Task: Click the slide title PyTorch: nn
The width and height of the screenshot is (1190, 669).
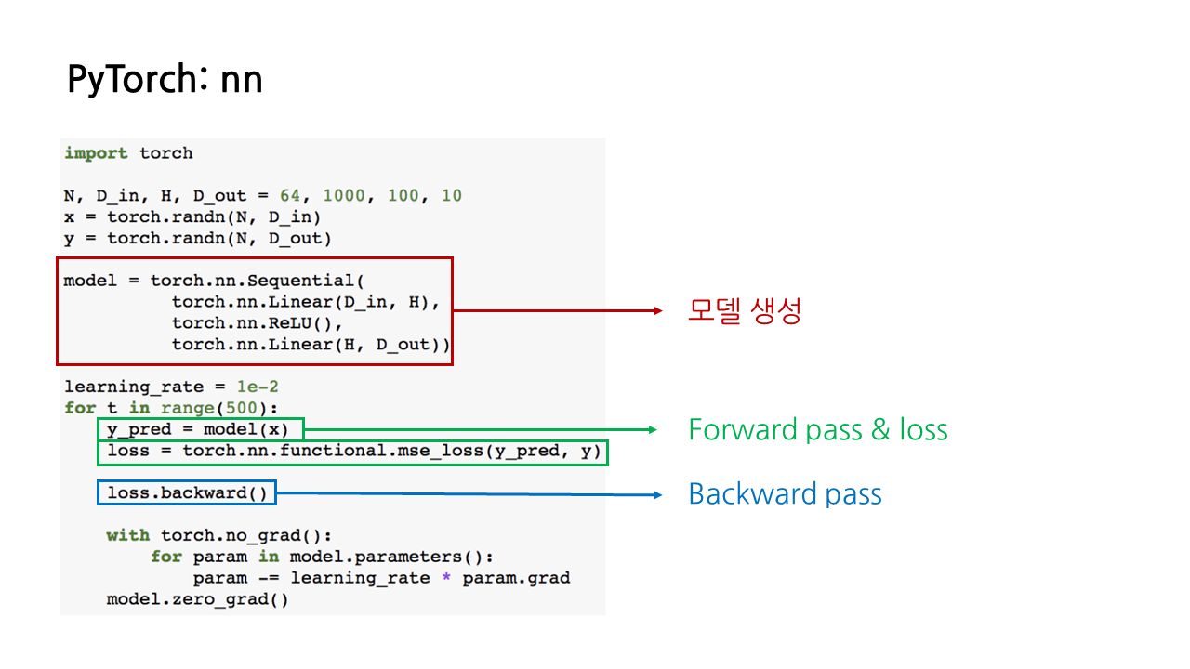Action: click(165, 81)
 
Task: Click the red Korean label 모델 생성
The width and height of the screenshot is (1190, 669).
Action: click(744, 311)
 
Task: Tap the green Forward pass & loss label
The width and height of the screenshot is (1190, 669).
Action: click(817, 430)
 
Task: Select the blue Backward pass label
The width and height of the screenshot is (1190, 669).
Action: click(785, 494)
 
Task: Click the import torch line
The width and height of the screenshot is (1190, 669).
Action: click(128, 153)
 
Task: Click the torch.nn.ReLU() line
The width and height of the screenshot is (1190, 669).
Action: click(258, 323)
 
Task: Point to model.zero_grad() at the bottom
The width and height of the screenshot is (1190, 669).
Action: click(197, 599)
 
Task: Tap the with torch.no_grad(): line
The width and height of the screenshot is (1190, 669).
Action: click(218, 535)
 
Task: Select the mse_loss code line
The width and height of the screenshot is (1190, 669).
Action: click(353, 452)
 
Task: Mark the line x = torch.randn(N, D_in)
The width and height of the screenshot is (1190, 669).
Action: click(192, 217)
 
